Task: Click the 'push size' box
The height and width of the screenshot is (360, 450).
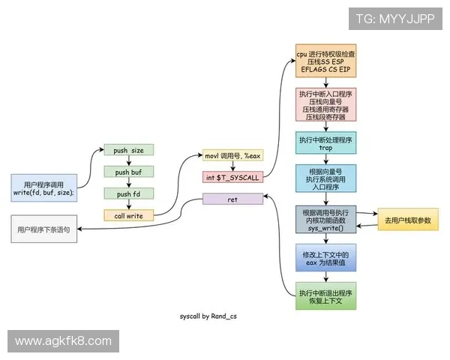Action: (x=128, y=151)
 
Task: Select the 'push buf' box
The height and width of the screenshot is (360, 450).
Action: (x=128, y=172)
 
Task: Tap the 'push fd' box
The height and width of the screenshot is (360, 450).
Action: (x=128, y=193)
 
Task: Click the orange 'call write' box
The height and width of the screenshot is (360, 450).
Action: (x=128, y=215)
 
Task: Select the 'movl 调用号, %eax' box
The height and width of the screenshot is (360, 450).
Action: (x=232, y=156)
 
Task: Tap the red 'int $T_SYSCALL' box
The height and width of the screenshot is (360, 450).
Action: (x=232, y=178)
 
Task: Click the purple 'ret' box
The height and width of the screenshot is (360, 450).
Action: (x=232, y=199)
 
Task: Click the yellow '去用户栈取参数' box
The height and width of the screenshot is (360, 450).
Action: (x=407, y=220)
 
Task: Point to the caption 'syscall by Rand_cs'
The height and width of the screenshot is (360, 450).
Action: (x=208, y=318)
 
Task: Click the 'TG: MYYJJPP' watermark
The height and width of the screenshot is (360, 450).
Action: (x=394, y=19)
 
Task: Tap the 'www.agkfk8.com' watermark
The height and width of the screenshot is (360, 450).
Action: (x=63, y=341)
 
